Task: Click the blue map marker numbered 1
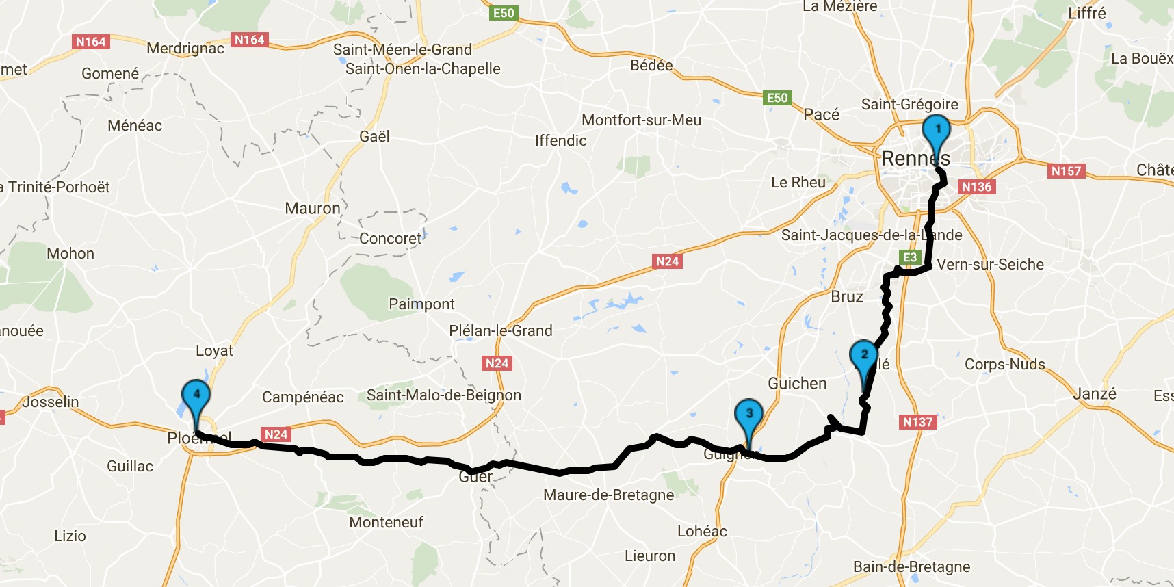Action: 937,131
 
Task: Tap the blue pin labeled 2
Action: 864,356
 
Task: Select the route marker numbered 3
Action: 749,415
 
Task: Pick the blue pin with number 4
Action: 196,395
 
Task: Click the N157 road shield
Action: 1066,170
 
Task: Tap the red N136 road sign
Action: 976,187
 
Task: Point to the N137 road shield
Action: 917,422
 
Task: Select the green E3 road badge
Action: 910,257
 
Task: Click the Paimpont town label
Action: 421,304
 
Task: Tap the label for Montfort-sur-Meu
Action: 641,120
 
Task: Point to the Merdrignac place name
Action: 185,48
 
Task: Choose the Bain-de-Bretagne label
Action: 911,566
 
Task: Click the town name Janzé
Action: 1095,393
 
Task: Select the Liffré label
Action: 1086,13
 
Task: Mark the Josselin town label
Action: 51,402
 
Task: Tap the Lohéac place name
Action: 702,531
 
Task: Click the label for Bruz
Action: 847,296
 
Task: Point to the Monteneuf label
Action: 386,522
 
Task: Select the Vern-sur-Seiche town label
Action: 990,264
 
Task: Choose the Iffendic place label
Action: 561,140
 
